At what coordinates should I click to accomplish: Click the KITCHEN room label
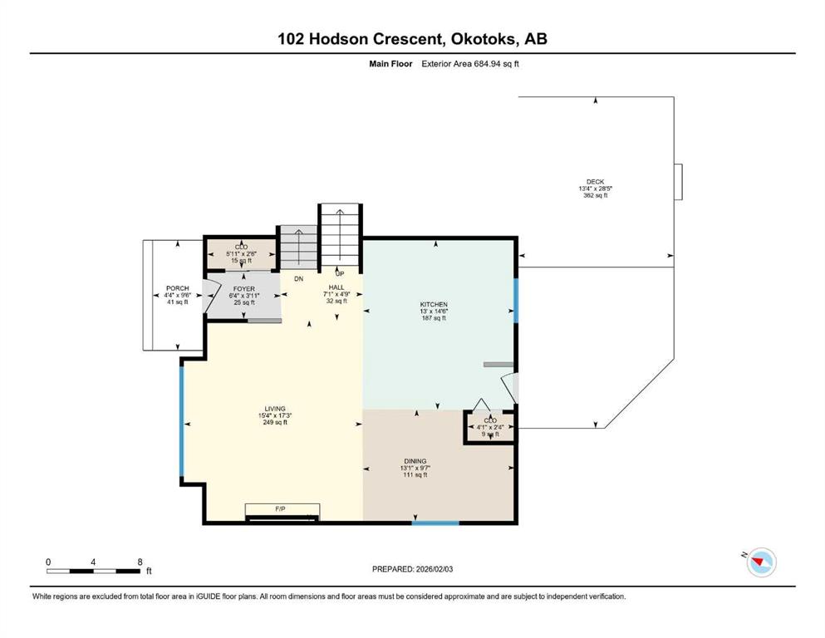pyautogui.click(x=434, y=305)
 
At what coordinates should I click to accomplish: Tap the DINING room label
pyautogui.click(x=415, y=461)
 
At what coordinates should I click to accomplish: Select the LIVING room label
pyautogui.click(x=275, y=409)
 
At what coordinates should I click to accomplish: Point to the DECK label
pyautogui.click(x=595, y=182)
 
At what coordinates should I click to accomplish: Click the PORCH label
pyautogui.click(x=177, y=288)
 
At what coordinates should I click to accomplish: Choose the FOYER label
pyautogui.click(x=244, y=289)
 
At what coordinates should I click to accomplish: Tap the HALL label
pyautogui.click(x=336, y=287)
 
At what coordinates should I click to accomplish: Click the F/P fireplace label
pyautogui.click(x=280, y=509)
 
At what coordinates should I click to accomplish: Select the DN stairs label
pyautogui.click(x=298, y=279)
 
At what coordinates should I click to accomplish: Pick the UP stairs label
pyautogui.click(x=340, y=273)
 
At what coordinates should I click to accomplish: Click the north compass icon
pyautogui.click(x=761, y=562)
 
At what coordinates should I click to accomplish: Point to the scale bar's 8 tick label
pyautogui.click(x=140, y=562)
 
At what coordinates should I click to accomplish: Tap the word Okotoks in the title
pyautogui.click(x=481, y=39)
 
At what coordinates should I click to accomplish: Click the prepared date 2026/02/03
pyautogui.click(x=434, y=569)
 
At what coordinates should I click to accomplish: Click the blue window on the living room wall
pyautogui.click(x=182, y=421)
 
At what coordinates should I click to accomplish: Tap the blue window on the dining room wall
pyautogui.click(x=435, y=523)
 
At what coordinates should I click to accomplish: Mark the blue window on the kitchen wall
pyautogui.click(x=516, y=301)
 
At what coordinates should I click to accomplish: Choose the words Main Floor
pyautogui.click(x=390, y=64)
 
